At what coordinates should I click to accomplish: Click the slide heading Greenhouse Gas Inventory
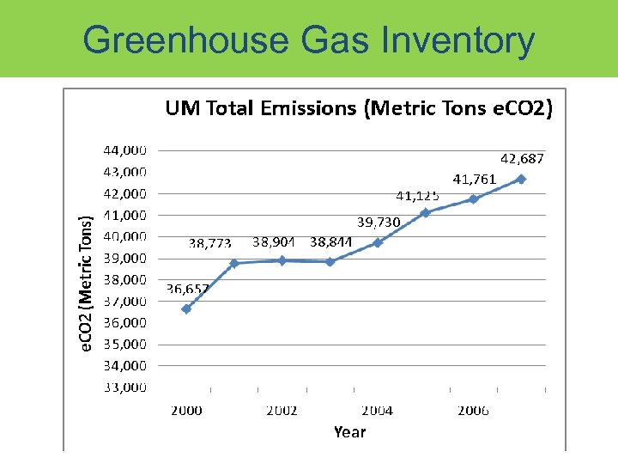point(309,40)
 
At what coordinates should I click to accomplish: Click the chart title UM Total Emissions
point(359,108)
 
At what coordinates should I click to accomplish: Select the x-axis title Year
point(349,432)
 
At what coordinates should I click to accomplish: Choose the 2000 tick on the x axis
point(186,411)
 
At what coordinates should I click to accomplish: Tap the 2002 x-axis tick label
point(282,411)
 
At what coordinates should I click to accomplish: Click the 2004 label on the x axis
point(377,411)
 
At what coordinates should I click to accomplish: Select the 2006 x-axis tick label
point(473,411)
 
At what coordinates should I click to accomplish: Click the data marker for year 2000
point(186,308)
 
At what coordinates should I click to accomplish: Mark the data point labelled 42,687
point(521,179)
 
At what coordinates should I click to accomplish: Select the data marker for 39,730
point(378,242)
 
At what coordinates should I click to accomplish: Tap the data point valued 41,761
point(473,198)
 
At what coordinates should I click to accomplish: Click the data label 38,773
point(209,243)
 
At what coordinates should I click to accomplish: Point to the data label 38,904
point(275,242)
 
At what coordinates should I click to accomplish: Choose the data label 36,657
point(187,289)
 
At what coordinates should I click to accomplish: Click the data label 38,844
point(331,242)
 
